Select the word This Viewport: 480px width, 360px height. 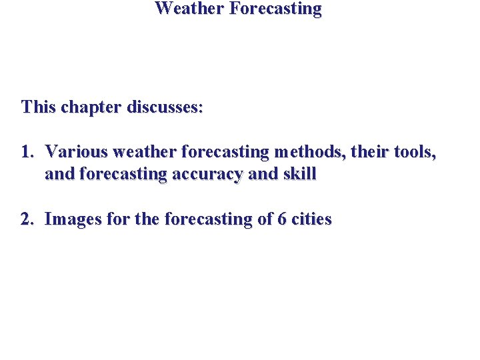pos(39,107)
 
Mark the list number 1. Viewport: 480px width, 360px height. pos(26,152)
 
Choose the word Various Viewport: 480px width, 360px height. pos(76,152)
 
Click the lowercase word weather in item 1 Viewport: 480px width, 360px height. pos(146,152)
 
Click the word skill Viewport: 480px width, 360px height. pos(299,174)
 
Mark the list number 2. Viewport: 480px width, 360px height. pos(27,219)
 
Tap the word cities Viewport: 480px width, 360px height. pos(310,219)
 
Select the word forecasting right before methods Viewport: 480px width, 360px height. pos(223,152)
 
